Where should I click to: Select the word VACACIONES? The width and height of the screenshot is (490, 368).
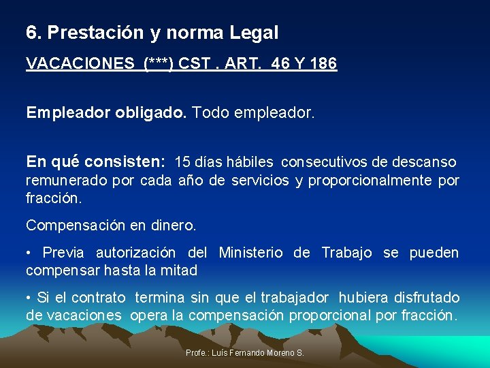(80, 64)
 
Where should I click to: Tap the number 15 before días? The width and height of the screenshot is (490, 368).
(183, 162)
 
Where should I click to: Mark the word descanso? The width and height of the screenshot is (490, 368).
(425, 162)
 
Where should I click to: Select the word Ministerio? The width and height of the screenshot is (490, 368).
(251, 253)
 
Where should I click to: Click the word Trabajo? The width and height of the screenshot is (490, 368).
(346, 253)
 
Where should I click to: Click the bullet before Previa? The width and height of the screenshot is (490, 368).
(29, 254)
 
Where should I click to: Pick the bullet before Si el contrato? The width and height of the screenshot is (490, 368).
(29, 298)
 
